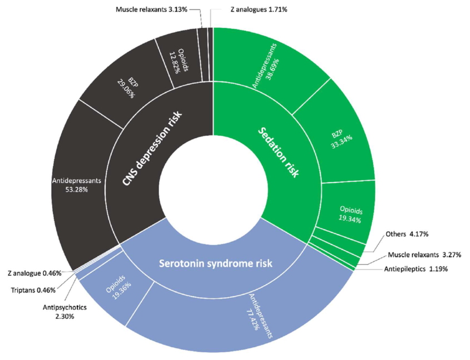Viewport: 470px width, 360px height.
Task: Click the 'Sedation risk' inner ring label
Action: click(278, 152)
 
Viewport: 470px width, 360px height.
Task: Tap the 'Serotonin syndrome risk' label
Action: click(216, 264)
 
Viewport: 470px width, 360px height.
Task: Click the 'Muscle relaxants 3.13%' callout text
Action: click(151, 9)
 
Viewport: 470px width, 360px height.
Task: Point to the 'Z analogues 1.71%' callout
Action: click(259, 9)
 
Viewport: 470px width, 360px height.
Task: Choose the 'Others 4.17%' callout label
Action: click(407, 234)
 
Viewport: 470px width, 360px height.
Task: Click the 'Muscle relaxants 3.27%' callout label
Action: click(424, 255)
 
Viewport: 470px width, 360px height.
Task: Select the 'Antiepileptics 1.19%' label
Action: click(416, 269)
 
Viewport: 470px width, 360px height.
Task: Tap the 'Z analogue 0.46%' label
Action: click(35, 273)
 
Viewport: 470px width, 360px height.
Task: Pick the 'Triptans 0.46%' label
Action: click(33, 290)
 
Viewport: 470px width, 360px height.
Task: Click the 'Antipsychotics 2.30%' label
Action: click(65, 312)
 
